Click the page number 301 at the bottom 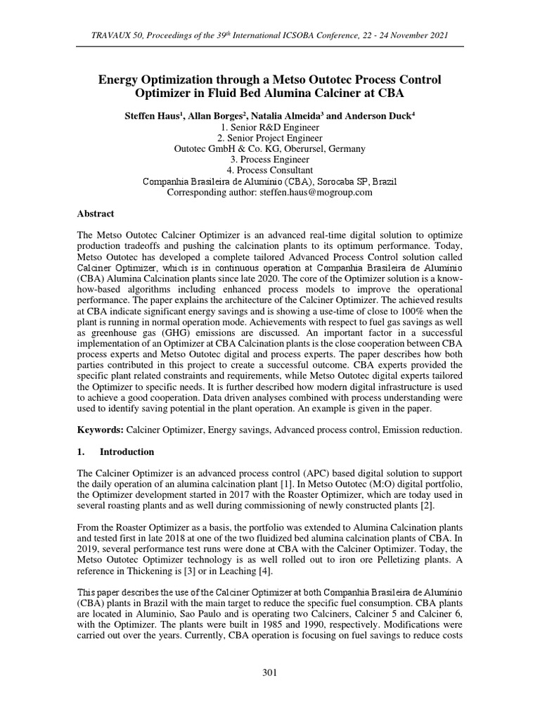point(270,673)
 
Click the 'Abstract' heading point(95,213)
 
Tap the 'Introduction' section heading point(127,451)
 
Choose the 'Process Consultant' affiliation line point(270,170)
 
